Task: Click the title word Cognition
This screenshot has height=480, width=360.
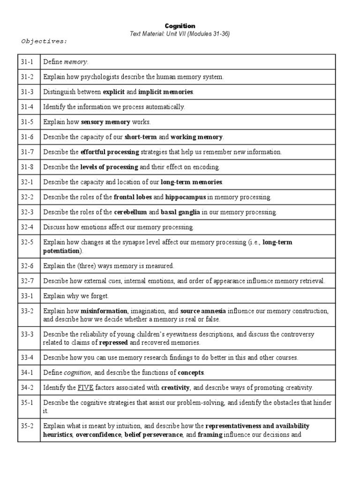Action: (180, 26)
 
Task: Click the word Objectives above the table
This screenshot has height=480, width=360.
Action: (44, 41)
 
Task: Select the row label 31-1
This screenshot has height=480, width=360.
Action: (27, 61)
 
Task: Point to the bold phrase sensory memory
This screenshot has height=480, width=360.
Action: (105, 122)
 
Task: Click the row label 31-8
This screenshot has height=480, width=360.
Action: (27, 167)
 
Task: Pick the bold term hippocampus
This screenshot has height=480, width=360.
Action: (185, 197)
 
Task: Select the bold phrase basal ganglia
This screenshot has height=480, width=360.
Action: (180, 212)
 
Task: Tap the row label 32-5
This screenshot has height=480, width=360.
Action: (27, 242)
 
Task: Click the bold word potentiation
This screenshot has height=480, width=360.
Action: (61, 251)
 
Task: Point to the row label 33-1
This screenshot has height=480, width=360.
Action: (27, 296)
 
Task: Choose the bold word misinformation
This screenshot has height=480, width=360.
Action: (104, 311)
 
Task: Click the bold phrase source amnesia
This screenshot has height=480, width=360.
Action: (203, 311)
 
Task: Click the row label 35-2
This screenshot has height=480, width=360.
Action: (27, 426)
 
